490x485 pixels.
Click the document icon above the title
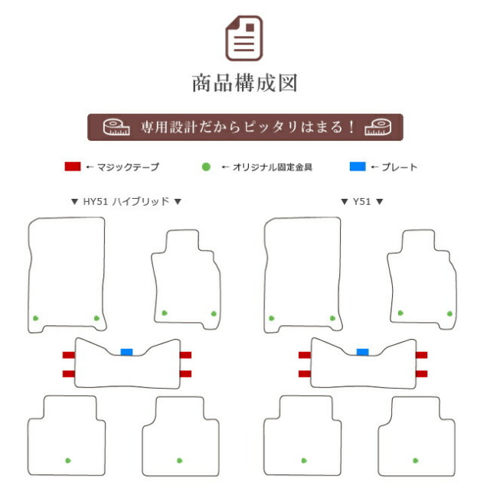tap(244, 37)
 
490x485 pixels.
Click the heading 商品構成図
tap(245, 83)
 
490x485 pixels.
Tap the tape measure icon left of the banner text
tap(116, 127)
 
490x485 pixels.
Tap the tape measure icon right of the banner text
tap(377, 127)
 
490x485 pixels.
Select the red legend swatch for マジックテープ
tap(73, 167)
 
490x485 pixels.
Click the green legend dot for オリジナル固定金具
tap(206, 167)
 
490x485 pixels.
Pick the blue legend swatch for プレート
tap(358, 167)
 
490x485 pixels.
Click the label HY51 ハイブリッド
tap(126, 201)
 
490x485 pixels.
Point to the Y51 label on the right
tap(362, 201)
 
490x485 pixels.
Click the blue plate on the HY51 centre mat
tap(126, 352)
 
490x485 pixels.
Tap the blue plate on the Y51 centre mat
tap(362, 352)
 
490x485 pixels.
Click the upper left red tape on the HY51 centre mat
tap(69, 355)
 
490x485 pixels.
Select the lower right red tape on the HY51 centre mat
tap(185, 373)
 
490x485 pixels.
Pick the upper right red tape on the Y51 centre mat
tap(422, 355)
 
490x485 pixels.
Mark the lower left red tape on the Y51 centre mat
tap(305, 373)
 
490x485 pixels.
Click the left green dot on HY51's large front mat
tap(36, 318)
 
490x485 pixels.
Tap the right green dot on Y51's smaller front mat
tap(449, 314)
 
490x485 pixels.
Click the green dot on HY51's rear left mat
tap(68, 461)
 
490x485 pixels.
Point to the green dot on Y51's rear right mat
tap(416, 461)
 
